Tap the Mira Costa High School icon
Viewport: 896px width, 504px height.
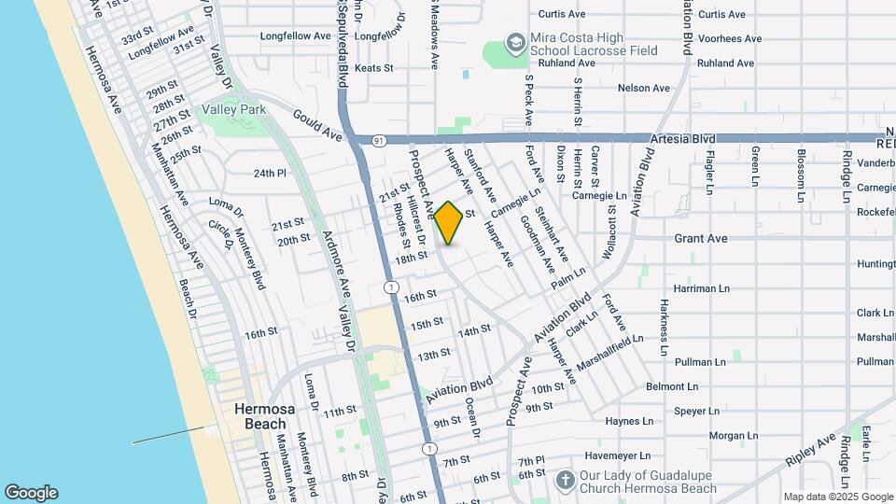[514, 42]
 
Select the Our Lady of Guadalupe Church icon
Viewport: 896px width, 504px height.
[564, 481]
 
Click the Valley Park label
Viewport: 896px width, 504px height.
[234, 109]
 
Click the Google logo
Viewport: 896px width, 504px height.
[31, 493]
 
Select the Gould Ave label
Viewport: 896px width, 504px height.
[317, 125]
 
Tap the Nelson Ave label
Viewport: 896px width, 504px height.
[644, 89]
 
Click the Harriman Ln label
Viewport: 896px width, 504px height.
[701, 288]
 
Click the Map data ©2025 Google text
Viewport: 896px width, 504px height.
[838, 497]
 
